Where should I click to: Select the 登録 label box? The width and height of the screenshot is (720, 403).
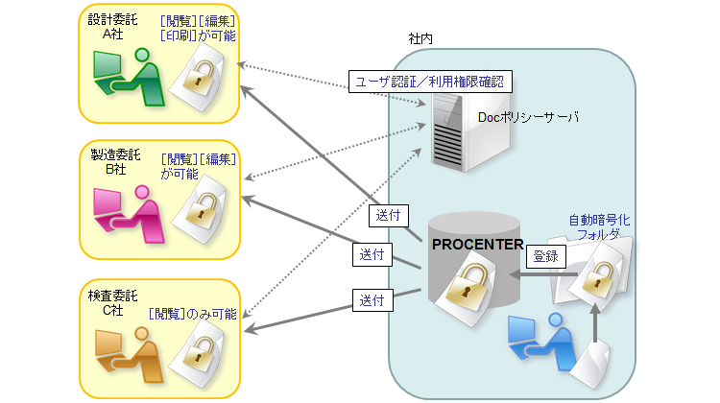545,256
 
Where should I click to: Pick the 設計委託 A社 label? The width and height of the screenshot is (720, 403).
111,27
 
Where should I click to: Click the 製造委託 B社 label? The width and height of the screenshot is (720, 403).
111,161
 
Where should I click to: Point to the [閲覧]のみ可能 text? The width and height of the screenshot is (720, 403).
193,314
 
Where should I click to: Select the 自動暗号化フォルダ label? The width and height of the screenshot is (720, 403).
601,225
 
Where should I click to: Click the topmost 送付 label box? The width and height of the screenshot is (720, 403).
387,213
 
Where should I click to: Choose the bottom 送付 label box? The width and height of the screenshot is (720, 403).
372,299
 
